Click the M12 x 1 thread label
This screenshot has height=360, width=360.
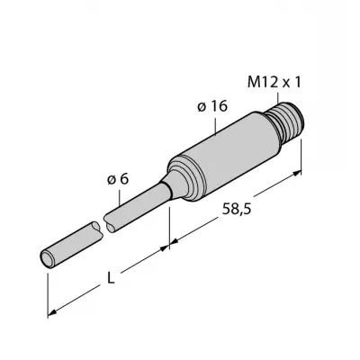click(x=274, y=82)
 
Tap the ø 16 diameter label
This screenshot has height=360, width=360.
click(x=212, y=106)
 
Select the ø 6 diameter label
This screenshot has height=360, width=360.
click(x=118, y=179)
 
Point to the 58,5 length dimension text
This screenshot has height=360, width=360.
click(x=237, y=209)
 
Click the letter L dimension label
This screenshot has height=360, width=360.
click(x=111, y=279)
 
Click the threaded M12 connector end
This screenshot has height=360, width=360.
click(x=286, y=122)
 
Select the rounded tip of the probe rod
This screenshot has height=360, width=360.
click(x=48, y=258)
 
